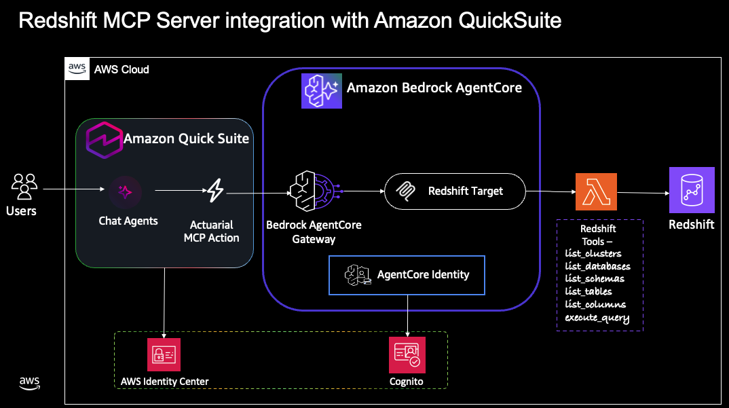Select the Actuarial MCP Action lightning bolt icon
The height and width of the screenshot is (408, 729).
coord(215,191)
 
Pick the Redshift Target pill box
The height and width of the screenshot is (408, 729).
coord(455,191)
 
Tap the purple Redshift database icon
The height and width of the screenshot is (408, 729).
coord(692,190)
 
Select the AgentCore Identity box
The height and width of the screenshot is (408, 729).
coord(407,275)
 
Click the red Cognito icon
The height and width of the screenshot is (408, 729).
coord(406,354)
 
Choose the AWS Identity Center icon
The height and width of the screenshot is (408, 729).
coord(164,354)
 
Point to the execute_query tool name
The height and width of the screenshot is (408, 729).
coord(597,318)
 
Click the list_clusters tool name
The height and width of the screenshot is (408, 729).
coord(593,253)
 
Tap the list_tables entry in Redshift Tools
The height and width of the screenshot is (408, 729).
coord(588,291)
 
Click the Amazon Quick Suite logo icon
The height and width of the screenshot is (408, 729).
coord(102,138)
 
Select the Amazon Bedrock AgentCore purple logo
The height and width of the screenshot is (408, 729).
coord(321,90)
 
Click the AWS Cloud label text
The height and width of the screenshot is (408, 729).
coord(121,69)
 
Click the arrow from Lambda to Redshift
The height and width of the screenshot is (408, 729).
coord(642,193)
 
